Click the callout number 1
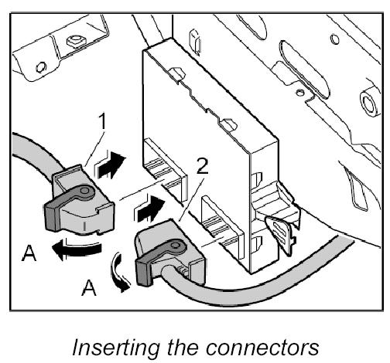(102, 121)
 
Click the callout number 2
(202, 167)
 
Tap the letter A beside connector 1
(29, 253)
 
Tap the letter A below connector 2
(88, 287)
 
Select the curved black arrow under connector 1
(77, 249)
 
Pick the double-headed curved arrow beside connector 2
(118, 273)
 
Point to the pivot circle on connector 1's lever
(84, 191)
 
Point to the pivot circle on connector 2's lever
(176, 245)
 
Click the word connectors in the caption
(262, 348)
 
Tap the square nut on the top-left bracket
(76, 41)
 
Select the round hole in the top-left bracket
(41, 67)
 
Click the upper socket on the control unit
(165, 170)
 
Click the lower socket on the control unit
(222, 227)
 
